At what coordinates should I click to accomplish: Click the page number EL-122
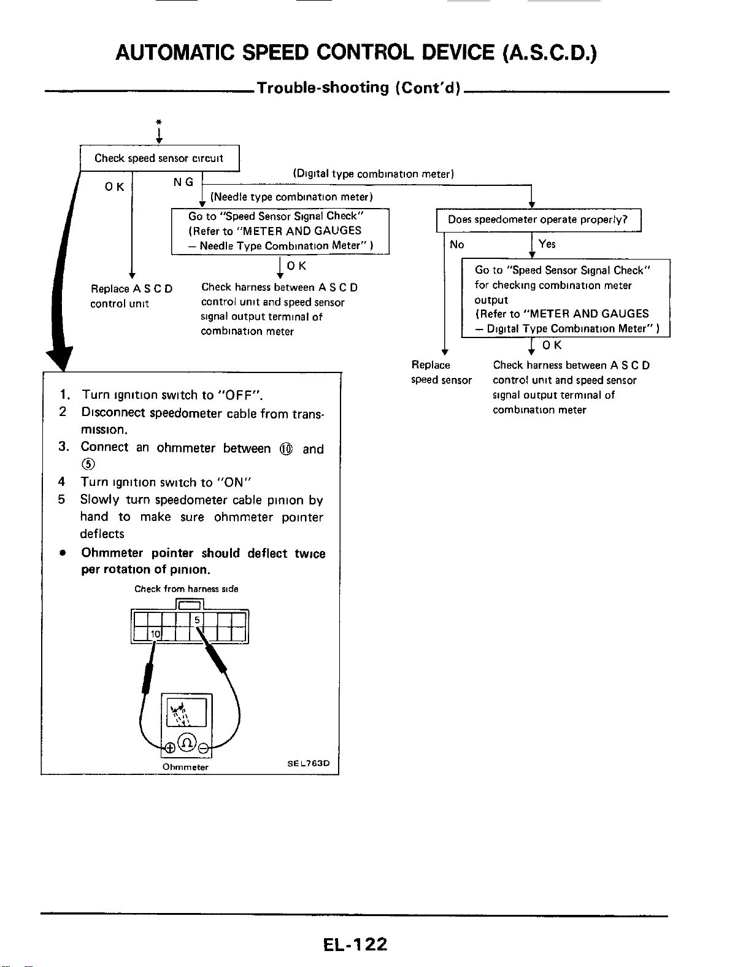[x=355, y=944]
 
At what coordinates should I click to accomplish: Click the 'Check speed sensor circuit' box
[x=160, y=158]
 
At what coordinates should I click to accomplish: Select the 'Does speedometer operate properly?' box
[x=538, y=220]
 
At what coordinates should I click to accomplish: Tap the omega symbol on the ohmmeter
[x=187, y=742]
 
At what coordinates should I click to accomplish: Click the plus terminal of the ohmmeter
[x=169, y=748]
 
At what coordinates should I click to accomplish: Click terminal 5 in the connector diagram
[x=197, y=620]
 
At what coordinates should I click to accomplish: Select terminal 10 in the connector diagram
[x=155, y=634]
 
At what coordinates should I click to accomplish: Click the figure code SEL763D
[x=309, y=763]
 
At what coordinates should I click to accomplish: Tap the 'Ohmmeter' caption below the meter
[x=185, y=767]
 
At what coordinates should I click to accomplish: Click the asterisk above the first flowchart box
[x=159, y=122]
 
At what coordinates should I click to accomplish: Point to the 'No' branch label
[x=457, y=244]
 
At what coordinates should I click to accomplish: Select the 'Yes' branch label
[x=547, y=244]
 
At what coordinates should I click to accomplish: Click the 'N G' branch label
[x=183, y=182]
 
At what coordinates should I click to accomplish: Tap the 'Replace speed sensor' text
[x=441, y=372]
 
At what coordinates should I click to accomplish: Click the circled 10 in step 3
[x=286, y=450]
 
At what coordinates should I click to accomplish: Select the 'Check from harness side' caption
[x=187, y=589]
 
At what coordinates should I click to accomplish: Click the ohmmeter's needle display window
[x=187, y=712]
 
